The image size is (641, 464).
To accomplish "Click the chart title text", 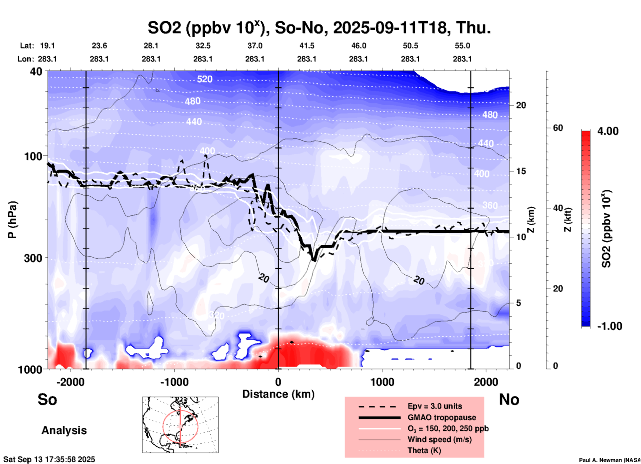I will tap(319, 28).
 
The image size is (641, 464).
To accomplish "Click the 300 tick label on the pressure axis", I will tap(33, 258).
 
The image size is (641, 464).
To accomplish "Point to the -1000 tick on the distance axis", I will tap(174, 382).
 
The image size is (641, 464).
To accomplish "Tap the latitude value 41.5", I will tap(307, 46).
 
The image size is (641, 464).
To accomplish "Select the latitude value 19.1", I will tap(47, 46).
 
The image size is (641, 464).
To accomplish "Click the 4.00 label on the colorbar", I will tap(608, 131).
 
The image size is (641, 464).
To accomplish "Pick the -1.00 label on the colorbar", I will tap(609, 326).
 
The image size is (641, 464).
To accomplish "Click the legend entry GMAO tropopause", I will tap(442, 417).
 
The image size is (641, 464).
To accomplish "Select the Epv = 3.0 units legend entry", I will tap(435, 406).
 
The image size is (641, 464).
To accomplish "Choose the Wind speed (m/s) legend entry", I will tap(439, 439).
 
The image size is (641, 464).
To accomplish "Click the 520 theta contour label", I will tap(204, 79).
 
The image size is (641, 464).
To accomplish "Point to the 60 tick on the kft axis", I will tap(558, 128).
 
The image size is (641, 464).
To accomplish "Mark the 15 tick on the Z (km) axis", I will tap(521, 171).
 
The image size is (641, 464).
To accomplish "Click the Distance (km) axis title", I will tap(278, 394).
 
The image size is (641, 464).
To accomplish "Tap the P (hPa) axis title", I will tap(12, 219).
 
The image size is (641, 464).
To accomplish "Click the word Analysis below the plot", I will tap(64, 430).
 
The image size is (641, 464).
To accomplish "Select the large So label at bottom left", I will tap(47, 399).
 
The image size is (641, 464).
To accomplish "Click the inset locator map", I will tap(180, 425).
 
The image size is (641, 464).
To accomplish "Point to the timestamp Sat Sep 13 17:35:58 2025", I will tap(49, 459).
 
